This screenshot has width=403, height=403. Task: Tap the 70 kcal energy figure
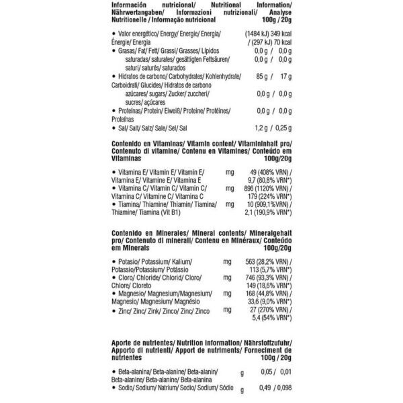[x=281, y=41]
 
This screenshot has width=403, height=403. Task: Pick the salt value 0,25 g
[x=282, y=127]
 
